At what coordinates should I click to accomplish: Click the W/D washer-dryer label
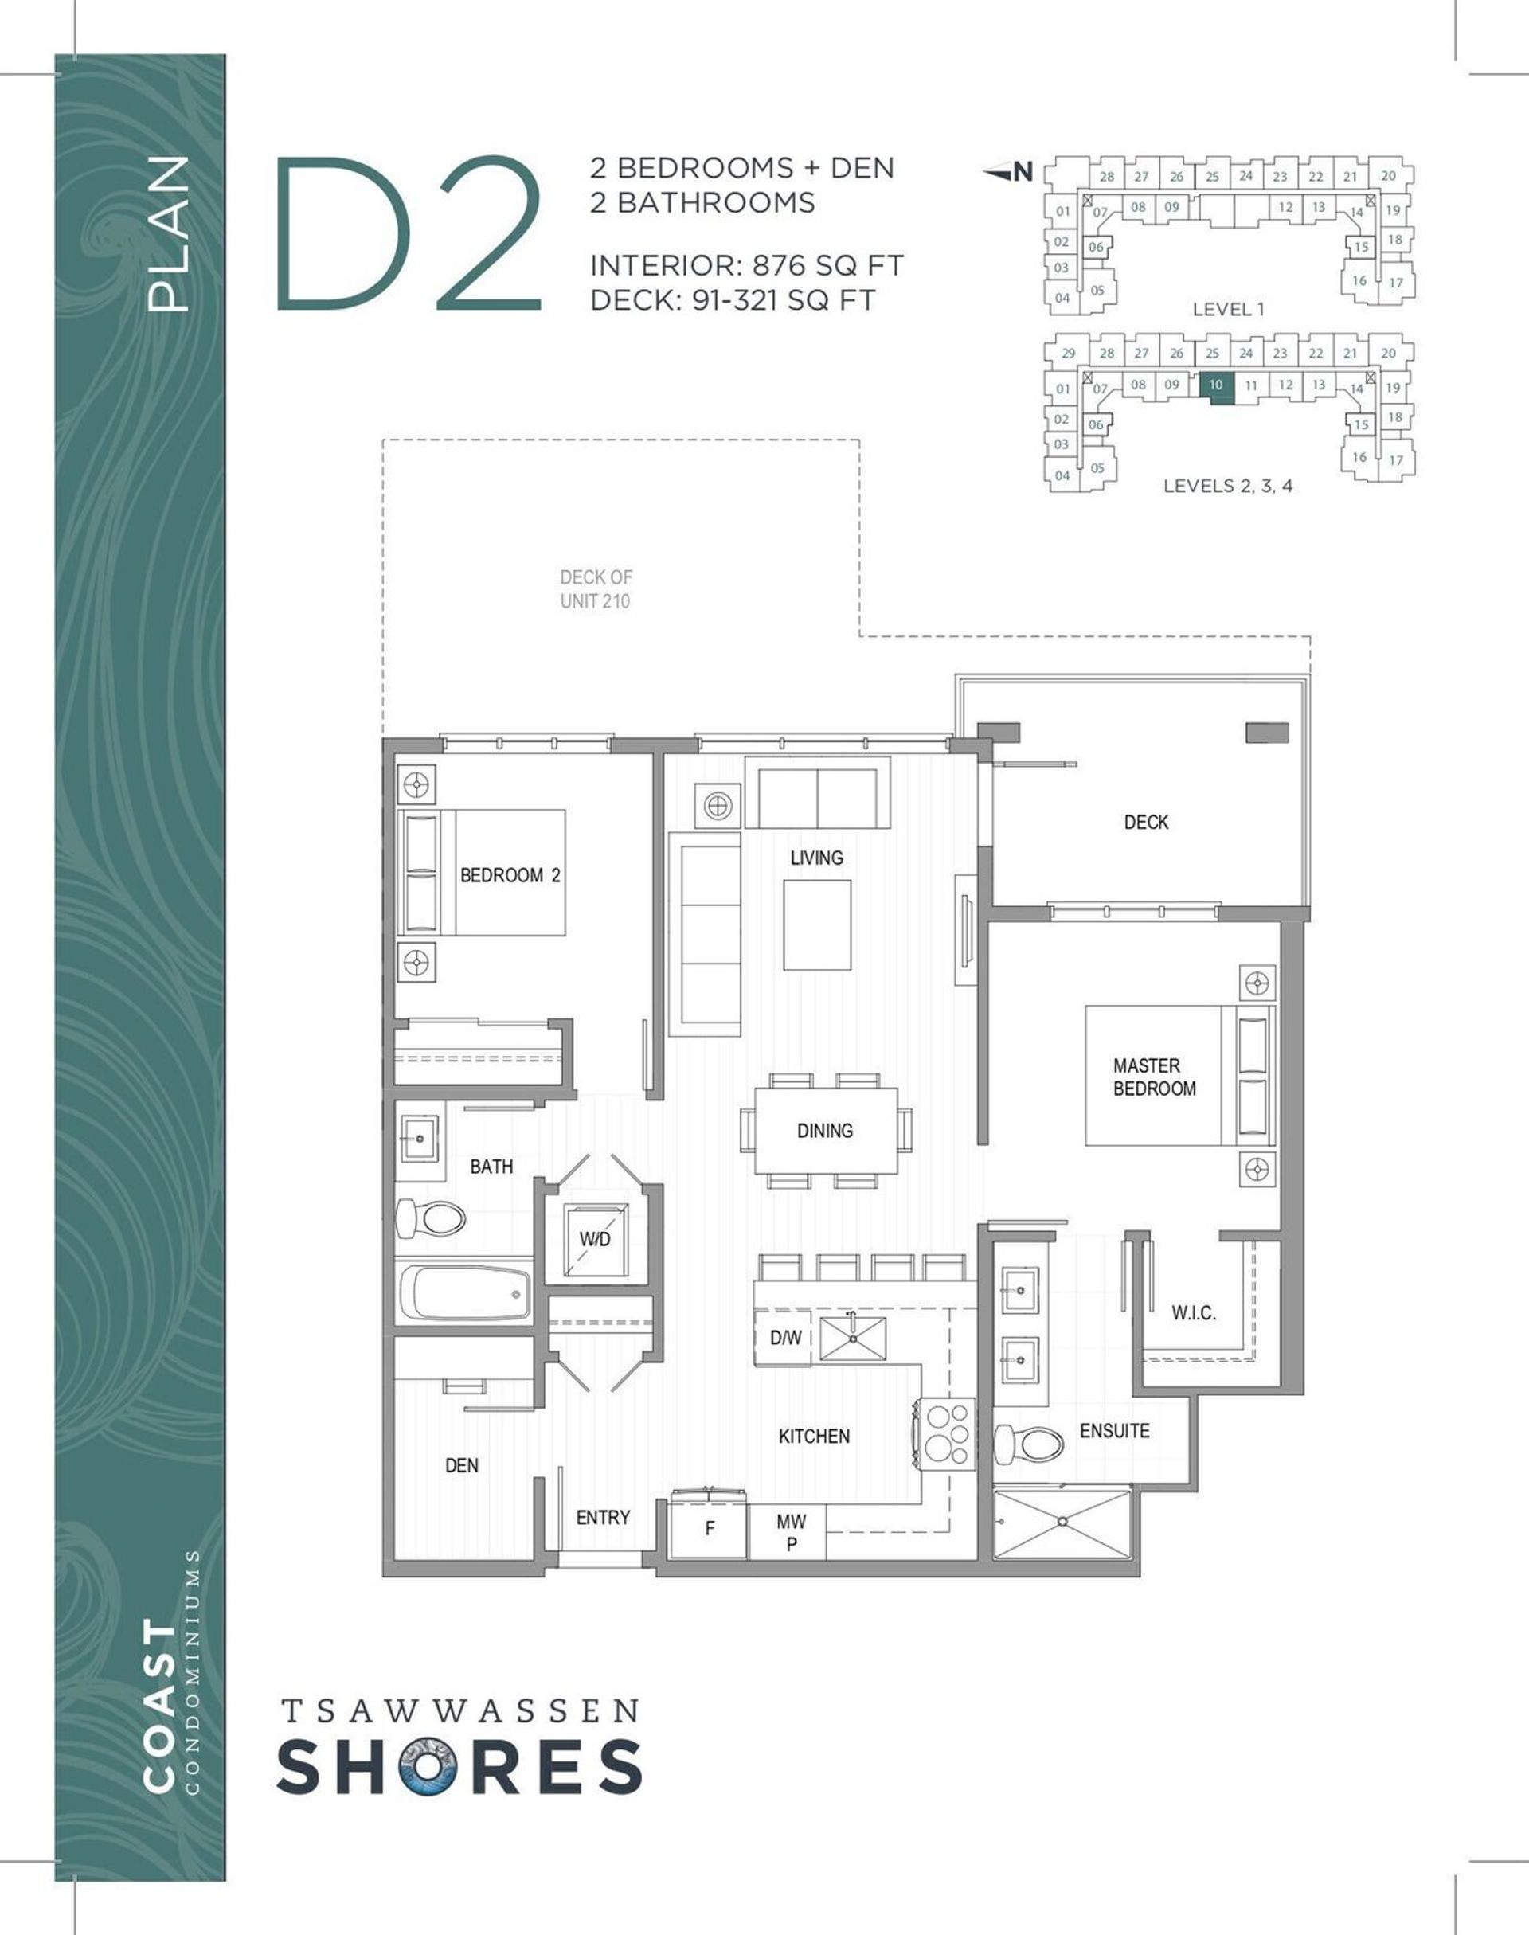pyautogui.click(x=594, y=1239)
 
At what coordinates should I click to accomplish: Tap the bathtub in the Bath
pyautogui.click(x=464, y=1292)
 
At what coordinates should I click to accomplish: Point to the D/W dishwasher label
pyautogui.click(x=785, y=1337)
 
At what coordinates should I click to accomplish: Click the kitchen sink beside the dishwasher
pyautogui.click(x=852, y=1339)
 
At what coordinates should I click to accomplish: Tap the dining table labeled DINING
pyautogui.click(x=825, y=1131)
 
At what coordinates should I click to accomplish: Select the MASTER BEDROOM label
pyautogui.click(x=1153, y=1077)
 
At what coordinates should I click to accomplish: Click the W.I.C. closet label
pyautogui.click(x=1193, y=1313)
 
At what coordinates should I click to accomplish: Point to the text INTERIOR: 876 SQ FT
pyautogui.click(x=747, y=266)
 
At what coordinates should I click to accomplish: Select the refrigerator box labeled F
pyautogui.click(x=709, y=1528)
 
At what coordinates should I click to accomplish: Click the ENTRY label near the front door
pyautogui.click(x=603, y=1517)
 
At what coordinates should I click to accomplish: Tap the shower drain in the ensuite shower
pyautogui.click(x=1062, y=1521)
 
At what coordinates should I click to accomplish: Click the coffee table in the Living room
pyautogui.click(x=816, y=924)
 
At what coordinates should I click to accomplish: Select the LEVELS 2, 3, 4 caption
pyautogui.click(x=1227, y=486)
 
